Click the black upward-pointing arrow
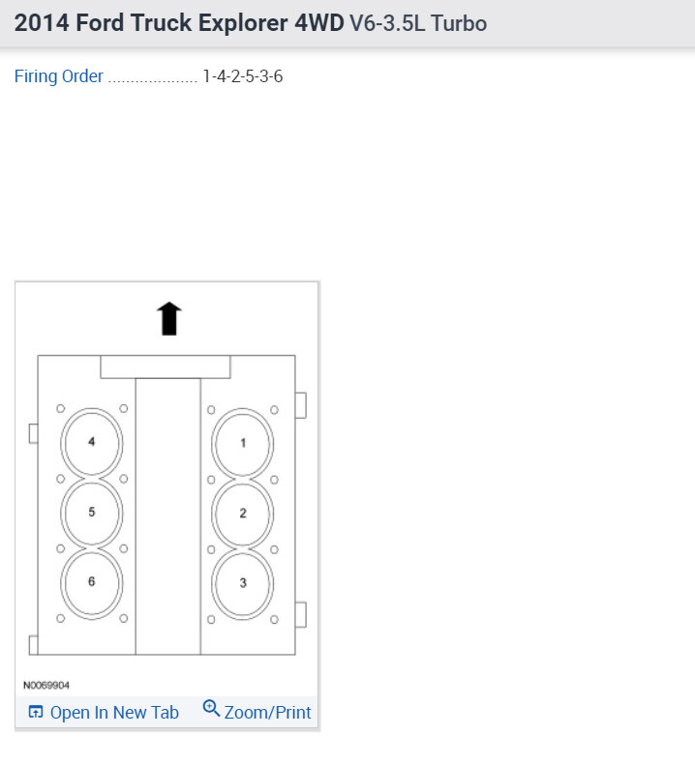click(x=169, y=318)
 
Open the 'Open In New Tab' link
click(x=114, y=713)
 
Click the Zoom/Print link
click(x=268, y=713)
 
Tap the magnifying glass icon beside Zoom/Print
click(x=211, y=708)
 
